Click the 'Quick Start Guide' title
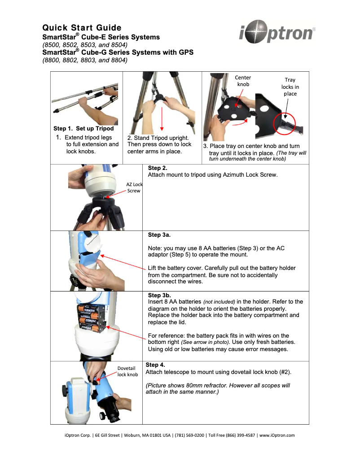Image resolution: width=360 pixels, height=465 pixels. click(82, 28)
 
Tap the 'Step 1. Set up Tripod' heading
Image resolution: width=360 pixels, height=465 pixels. click(83, 129)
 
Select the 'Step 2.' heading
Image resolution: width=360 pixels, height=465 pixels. click(158, 168)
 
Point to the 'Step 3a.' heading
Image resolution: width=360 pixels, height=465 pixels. click(159, 235)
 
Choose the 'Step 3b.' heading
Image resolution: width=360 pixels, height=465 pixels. click(159, 295)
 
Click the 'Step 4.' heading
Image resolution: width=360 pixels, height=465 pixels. click(155, 365)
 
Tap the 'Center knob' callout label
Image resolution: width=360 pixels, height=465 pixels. click(243, 81)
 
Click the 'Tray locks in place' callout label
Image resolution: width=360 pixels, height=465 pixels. click(290, 87)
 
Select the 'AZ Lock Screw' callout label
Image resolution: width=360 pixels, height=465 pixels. click(134, 187)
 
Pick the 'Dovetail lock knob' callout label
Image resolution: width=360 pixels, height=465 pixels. click(127, 371)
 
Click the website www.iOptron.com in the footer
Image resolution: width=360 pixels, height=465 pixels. click(277, 435)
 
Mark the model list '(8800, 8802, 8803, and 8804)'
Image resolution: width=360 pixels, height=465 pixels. click(85, 60)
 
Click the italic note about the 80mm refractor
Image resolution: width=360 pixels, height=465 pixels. click(218, 389)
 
